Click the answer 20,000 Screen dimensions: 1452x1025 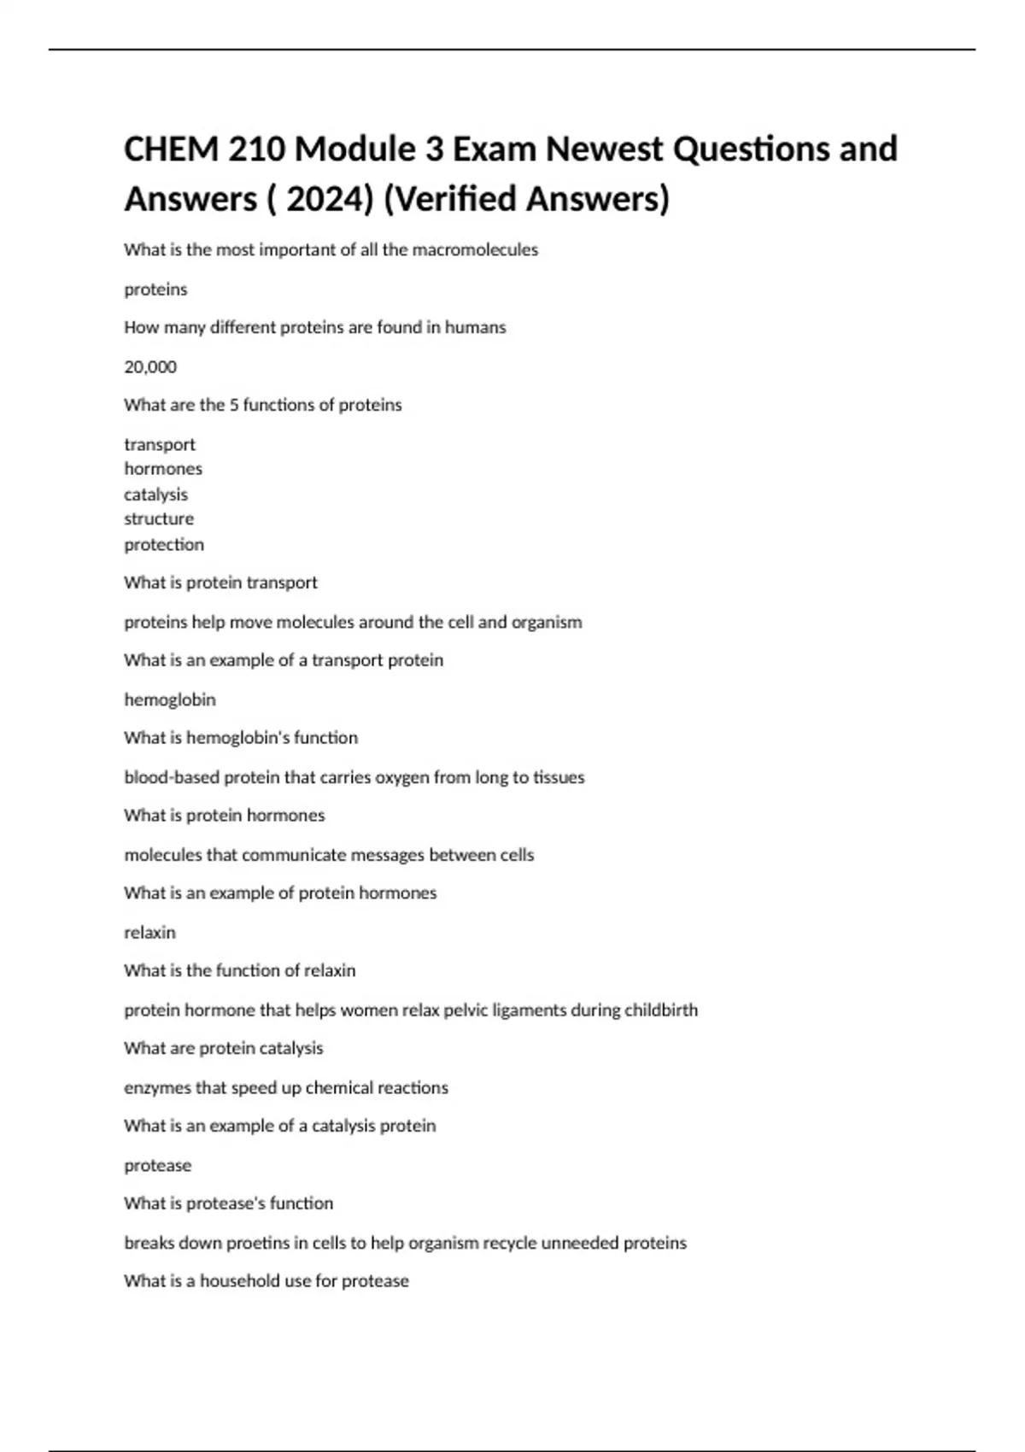[x=150, y=367]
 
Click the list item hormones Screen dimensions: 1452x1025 [x=163, y=469]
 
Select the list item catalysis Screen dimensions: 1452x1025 [x=155, y=495]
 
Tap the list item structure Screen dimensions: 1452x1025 [x=159, y=519]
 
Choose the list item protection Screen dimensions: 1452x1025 [x=164, y=545]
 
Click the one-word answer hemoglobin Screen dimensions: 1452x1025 [x=170, y=700]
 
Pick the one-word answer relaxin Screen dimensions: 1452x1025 [x=149, y=933]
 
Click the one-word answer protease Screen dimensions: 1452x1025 [x=158, y=1166]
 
